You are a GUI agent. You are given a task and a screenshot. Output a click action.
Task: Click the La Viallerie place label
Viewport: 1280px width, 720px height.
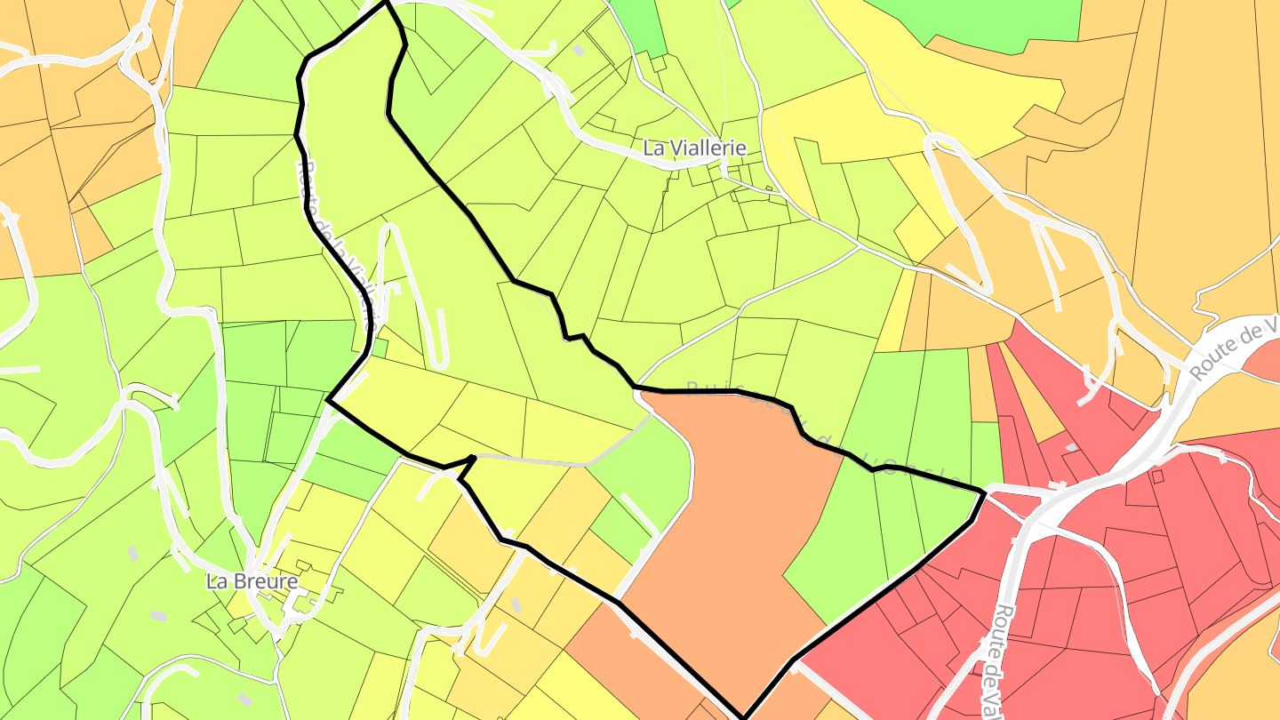(x=694, y=148)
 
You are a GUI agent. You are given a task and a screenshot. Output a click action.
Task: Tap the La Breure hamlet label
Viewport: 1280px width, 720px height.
(x=252, y=581)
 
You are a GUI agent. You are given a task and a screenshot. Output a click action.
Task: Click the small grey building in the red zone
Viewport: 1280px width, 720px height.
(x=1072, y=446)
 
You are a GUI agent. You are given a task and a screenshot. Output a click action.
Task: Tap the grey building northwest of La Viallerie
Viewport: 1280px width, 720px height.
(x=579, y=51)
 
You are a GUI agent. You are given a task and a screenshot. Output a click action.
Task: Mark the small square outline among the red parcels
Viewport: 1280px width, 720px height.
(x=1157, y=476)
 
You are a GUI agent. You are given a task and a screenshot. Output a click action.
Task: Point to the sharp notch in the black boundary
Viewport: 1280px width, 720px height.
(x=467, y=461)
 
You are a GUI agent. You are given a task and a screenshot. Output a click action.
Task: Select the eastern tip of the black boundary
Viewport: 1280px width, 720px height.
(x=983, y=492)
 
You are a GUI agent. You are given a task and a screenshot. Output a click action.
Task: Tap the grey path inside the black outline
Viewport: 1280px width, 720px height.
(x=551, y=460)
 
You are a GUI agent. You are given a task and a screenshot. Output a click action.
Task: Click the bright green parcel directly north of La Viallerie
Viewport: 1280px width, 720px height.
(x=638, y=22)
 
